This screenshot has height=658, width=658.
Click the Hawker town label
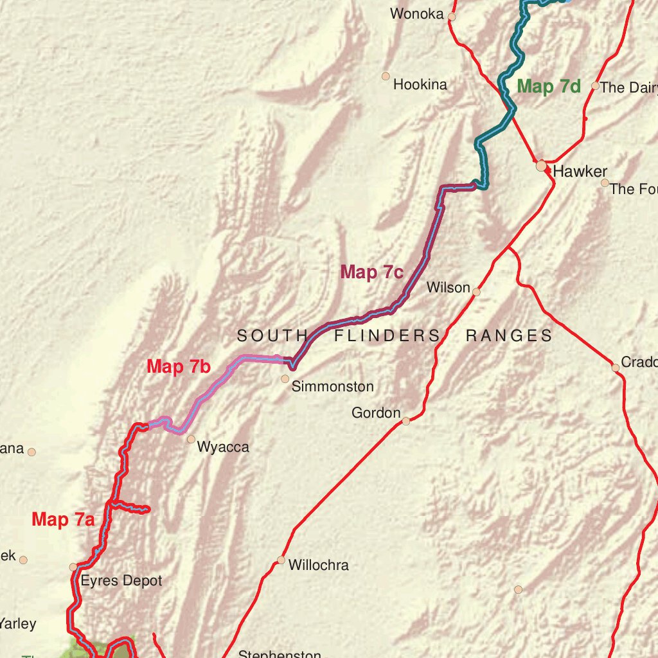[x=580, y=172]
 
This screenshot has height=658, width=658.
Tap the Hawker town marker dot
[x=542, y=166]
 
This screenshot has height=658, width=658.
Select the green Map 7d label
[x=549, y=87]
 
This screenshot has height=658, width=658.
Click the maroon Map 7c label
[x=371, y=272]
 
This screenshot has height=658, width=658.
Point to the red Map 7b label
[x=179, y=367]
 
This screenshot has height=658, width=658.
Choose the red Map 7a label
[x=63, y=519]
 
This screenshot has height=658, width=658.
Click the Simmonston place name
[x=332, y=387]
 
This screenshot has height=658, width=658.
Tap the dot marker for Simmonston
[x=285, y=379]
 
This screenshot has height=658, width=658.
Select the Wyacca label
[x=223, y=447]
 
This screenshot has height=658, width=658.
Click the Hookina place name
[x=420, y=85]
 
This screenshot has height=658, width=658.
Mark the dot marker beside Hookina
[x=386, y=76]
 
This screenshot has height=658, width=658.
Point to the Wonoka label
[x=416, y=13]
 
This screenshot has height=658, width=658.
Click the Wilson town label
[x=449, y=287]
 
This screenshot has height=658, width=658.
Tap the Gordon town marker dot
[x=406, y=421]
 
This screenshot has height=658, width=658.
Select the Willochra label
[x=318, y=565]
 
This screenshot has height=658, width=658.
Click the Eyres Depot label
[x=121, y=581]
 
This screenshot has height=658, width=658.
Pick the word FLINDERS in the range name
[x=387, y=335]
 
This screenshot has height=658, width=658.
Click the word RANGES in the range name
[x=509, y=335]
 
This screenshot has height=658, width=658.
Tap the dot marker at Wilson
[x=476, y=292]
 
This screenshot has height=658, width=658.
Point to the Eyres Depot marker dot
[x=73, y=567]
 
